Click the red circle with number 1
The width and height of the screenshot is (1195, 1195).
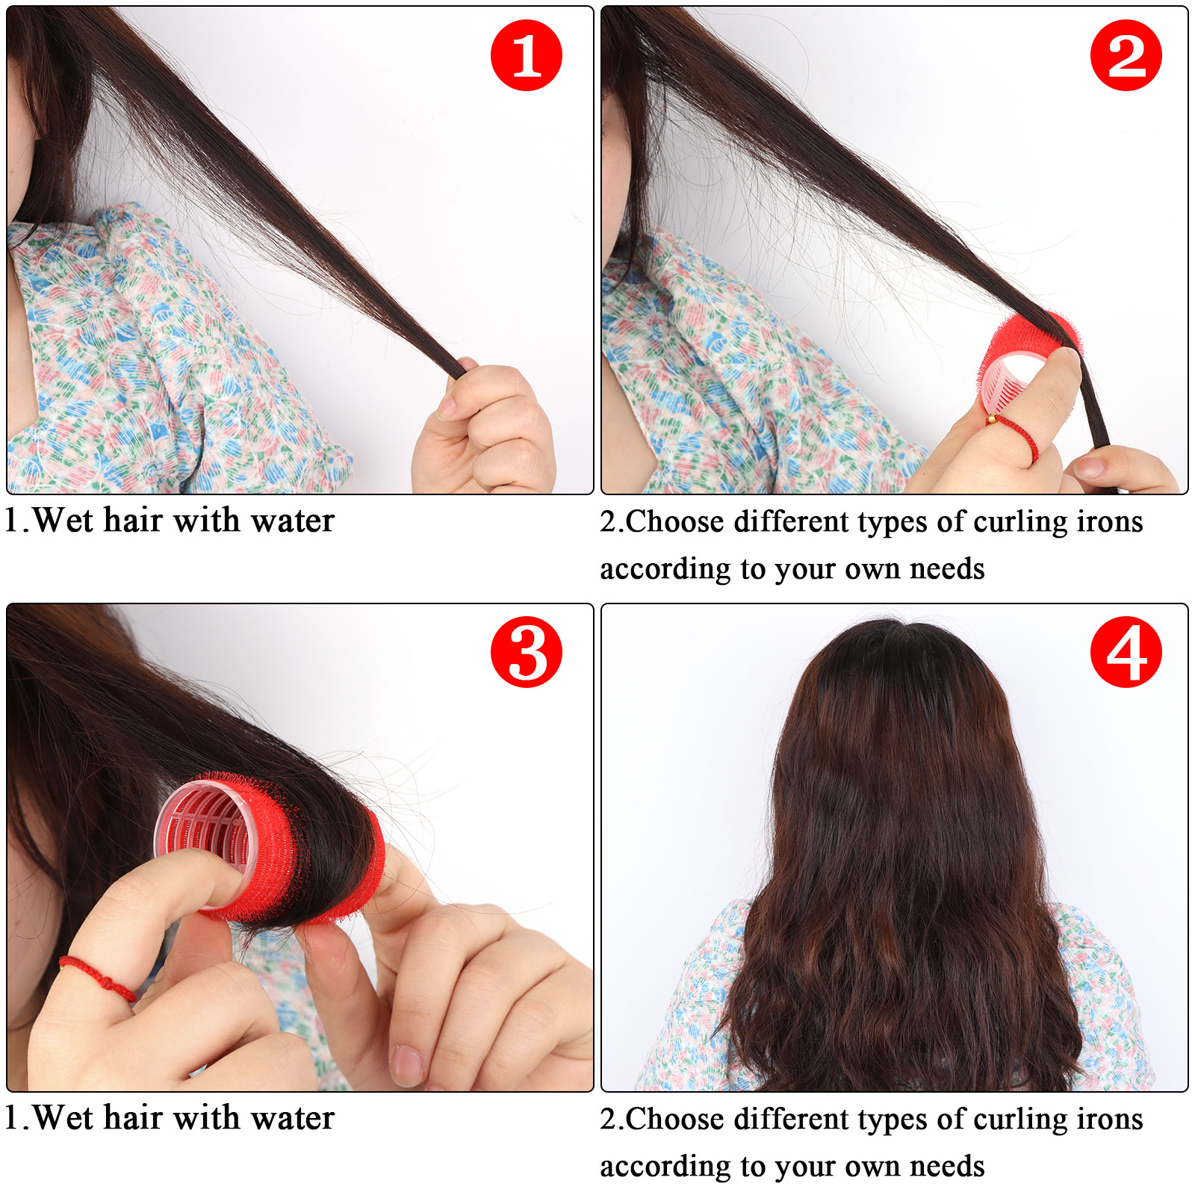click(526, 55)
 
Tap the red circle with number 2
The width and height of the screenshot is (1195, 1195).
click(1126, 55)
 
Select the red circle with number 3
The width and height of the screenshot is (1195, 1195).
click(526, 652)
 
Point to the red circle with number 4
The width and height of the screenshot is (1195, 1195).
click(1126, 652)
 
